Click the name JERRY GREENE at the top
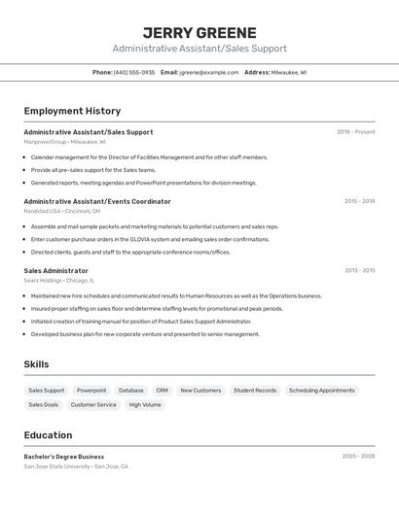point(199,32)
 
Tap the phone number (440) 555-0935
point(134,72)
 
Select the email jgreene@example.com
point(207,72)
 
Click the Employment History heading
point(72,111)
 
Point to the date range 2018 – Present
point(356,132)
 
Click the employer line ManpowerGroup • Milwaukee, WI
point(64,142)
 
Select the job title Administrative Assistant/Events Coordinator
point(97,201)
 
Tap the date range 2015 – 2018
point(359,201)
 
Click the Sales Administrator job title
point(55,271)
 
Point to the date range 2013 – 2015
point(359,271)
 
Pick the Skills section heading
point(37,364)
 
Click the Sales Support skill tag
point(47,391)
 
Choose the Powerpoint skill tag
point(91,391)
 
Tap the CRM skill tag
point(162,391)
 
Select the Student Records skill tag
point(255,391)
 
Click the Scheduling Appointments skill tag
point(322,391)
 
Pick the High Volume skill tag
point(145,404)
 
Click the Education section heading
point(48,435)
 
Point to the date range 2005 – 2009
point(358,456)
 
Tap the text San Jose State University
point(57,466)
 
